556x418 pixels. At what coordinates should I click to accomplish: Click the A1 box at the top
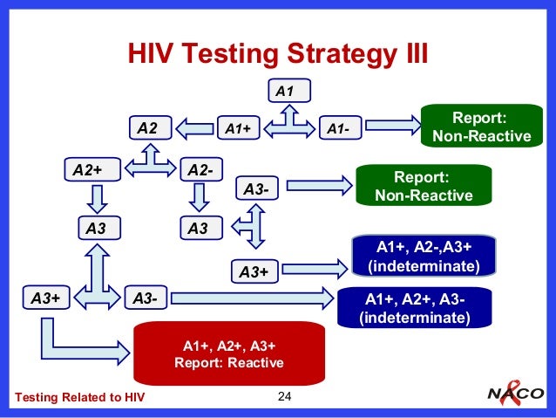tap(290, 89)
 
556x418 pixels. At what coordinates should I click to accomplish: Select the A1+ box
tap(239, 128)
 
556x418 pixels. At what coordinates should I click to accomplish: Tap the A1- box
tap(342, 128)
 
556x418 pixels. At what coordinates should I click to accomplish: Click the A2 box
tap(149, 127)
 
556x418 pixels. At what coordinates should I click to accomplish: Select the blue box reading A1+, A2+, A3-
tap(414, 307)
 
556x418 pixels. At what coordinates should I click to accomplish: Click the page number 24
tap(282, 399)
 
